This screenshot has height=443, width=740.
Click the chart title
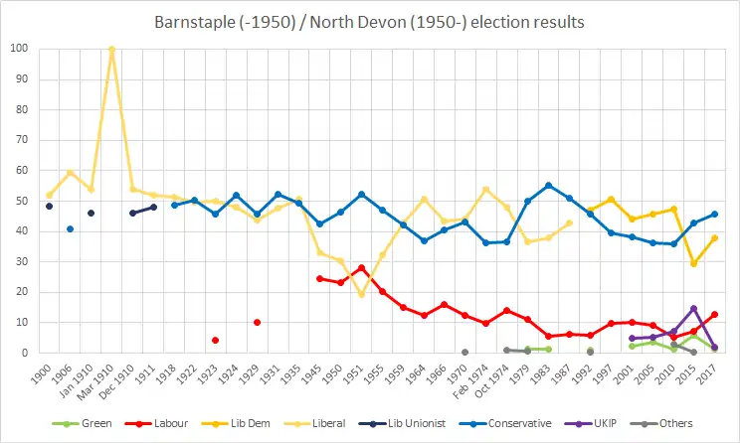click(x=370, y=21)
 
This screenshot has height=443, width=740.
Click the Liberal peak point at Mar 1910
click(x=111, y=49)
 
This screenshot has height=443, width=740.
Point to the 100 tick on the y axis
click(x=19, y=49)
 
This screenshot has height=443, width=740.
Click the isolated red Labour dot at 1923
click(x=215, y=340)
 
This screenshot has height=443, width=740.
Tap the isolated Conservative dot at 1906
click(x=70, y=228)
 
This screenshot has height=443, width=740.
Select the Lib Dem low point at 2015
click(x=693, y=263)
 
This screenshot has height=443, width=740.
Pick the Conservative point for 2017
click(x=714, y=214)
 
